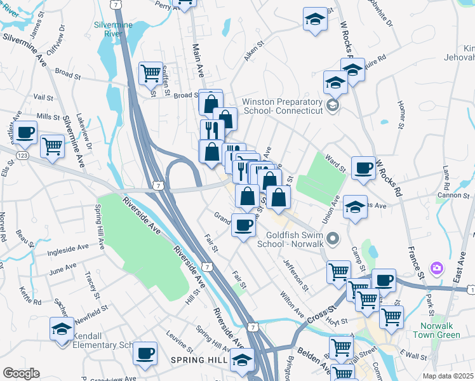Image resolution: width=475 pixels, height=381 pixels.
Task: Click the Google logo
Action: (21, 373)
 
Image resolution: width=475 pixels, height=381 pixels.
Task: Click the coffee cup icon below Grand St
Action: (243, 225)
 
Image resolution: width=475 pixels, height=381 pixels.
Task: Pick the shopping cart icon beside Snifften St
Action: (151, 74)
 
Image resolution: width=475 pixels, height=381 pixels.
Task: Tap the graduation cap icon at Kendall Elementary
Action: (61, 329)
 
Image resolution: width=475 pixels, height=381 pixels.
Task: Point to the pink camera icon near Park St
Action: (436, 269)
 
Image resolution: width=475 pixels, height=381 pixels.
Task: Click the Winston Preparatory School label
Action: (283, 106)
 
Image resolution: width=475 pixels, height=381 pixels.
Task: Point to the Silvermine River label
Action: (112, 29)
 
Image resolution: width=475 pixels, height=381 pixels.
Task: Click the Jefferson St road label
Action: (295, 276)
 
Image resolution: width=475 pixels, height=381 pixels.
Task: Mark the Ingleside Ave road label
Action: (69, 251)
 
